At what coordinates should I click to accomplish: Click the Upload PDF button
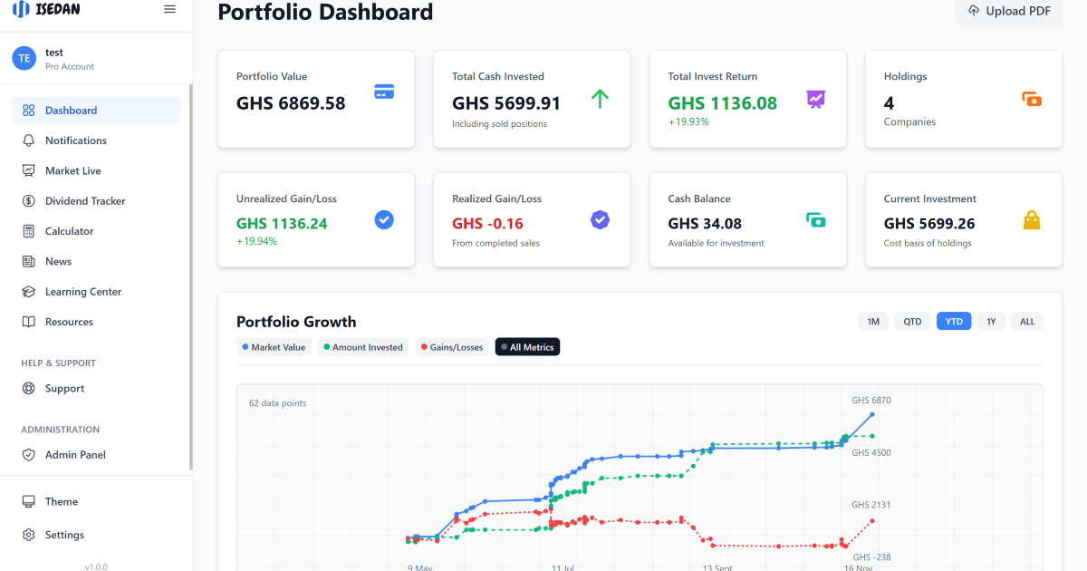(1009, 11)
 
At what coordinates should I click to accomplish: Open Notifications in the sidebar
(76, 140)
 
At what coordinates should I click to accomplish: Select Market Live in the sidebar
(72, 170)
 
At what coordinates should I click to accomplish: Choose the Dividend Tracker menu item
(85, 201)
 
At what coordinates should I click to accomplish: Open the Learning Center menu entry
(82, 292)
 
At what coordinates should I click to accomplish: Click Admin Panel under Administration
(75, 455)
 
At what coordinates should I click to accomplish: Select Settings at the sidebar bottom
(64, 535)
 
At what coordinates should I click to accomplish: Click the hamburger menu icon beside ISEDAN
(169, 9)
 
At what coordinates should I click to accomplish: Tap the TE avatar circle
(24, 58)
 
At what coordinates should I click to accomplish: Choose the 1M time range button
(873, 322)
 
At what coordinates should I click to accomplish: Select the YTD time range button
(954, 322)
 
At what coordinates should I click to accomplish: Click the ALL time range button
(1027, 322)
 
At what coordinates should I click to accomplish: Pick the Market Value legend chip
(273, 347)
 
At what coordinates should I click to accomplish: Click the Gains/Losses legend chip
(451, 347)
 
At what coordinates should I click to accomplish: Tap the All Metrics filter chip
(527, 347)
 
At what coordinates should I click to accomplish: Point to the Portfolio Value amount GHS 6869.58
(291, 103)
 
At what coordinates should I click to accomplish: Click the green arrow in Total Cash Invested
(600, 99)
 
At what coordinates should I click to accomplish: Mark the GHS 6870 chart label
(871, 401)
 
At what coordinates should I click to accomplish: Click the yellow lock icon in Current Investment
(1031, 220)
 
